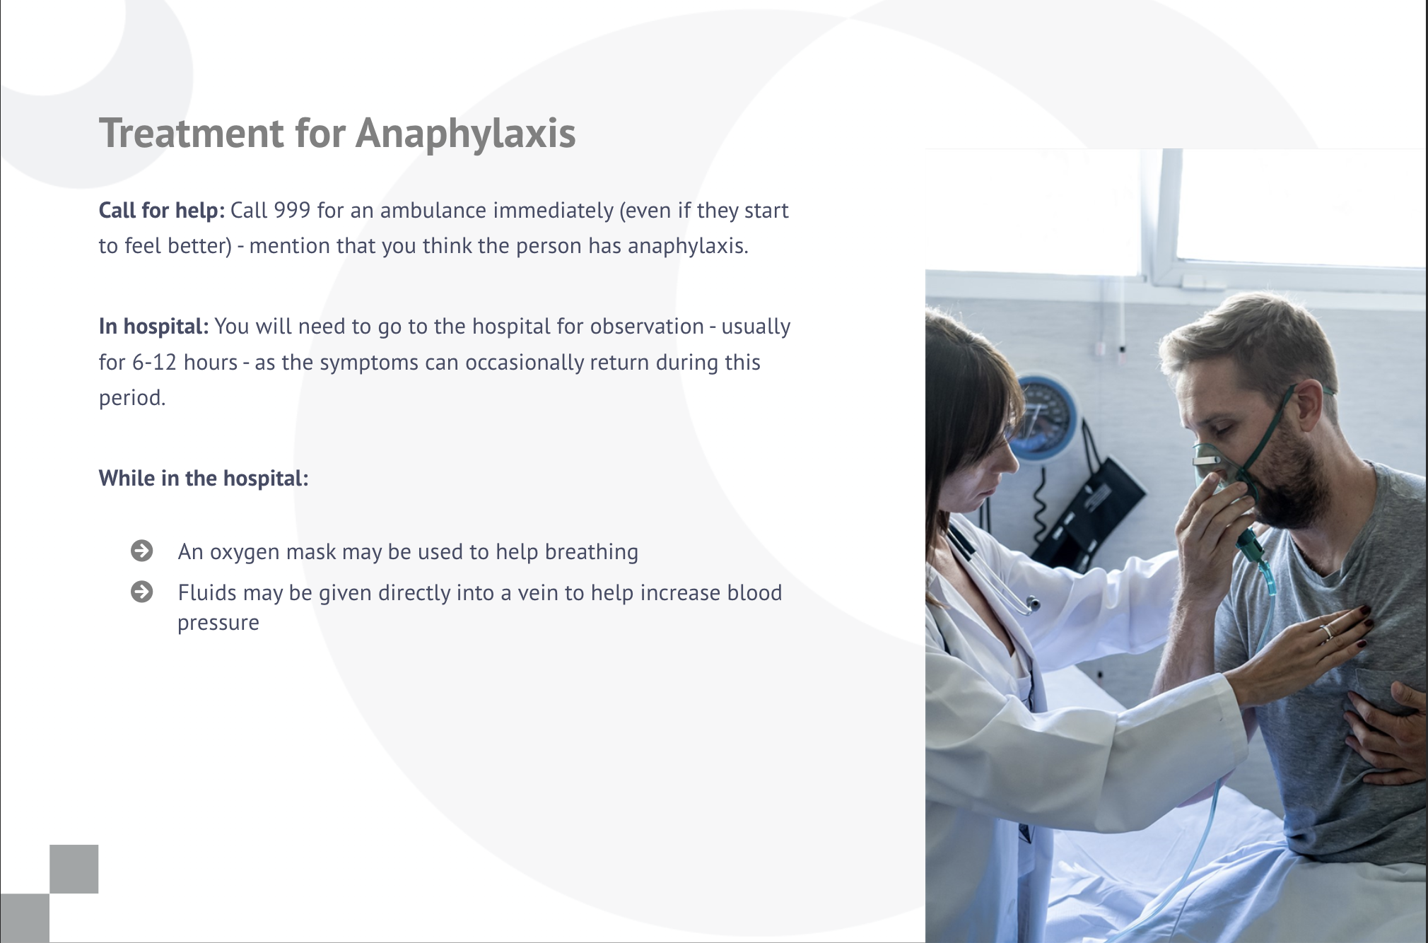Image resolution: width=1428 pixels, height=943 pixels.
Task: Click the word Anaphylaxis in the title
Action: [x=466, y=134]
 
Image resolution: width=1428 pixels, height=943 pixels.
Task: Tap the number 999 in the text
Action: [x=292, y=210]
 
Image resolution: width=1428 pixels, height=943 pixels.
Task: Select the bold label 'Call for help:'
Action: [x=162, y=210]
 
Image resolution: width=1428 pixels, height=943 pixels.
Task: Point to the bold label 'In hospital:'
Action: [x=153, y=327]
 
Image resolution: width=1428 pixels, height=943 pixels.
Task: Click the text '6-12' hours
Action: [x=155, y=362]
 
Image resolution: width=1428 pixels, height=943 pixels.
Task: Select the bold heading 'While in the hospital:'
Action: [x=204, y=478]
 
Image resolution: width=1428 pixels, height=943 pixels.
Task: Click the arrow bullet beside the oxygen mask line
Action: [x=142, y=551]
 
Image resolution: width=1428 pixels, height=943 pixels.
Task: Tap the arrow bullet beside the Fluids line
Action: [x=142, y=592]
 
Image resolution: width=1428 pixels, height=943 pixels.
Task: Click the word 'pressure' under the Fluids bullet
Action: [x=218, y=623]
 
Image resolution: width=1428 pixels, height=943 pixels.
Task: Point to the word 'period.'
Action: [x=132, y=397]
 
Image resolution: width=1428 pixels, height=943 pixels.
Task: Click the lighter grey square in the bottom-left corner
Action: [x=74, y=869]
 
